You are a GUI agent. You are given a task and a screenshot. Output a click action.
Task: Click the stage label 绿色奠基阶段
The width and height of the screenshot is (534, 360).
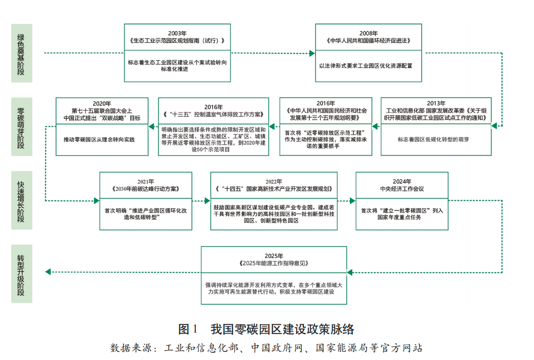(22, 53)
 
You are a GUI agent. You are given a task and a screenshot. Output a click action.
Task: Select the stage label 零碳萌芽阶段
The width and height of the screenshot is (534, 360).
(22, 127)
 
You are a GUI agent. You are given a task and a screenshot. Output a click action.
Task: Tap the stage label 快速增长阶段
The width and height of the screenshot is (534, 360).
(22, 200)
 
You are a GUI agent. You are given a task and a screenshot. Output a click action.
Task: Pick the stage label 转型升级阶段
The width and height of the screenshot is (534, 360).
(22, 275)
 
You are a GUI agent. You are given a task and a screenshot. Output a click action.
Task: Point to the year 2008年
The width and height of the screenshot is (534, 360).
(368, 33)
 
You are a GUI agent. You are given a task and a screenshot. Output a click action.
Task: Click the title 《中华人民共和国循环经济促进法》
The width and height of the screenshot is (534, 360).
(368, 41)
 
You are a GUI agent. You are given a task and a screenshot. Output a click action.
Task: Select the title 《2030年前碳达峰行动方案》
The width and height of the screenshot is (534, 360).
(146, 188)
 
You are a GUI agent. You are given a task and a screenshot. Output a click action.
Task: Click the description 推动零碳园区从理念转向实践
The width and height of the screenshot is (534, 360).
(102, 140)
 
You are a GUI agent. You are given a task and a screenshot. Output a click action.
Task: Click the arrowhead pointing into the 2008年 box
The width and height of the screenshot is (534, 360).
(312, 53)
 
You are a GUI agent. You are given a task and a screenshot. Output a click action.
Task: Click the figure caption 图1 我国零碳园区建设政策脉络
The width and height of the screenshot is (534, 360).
(267, 328)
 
